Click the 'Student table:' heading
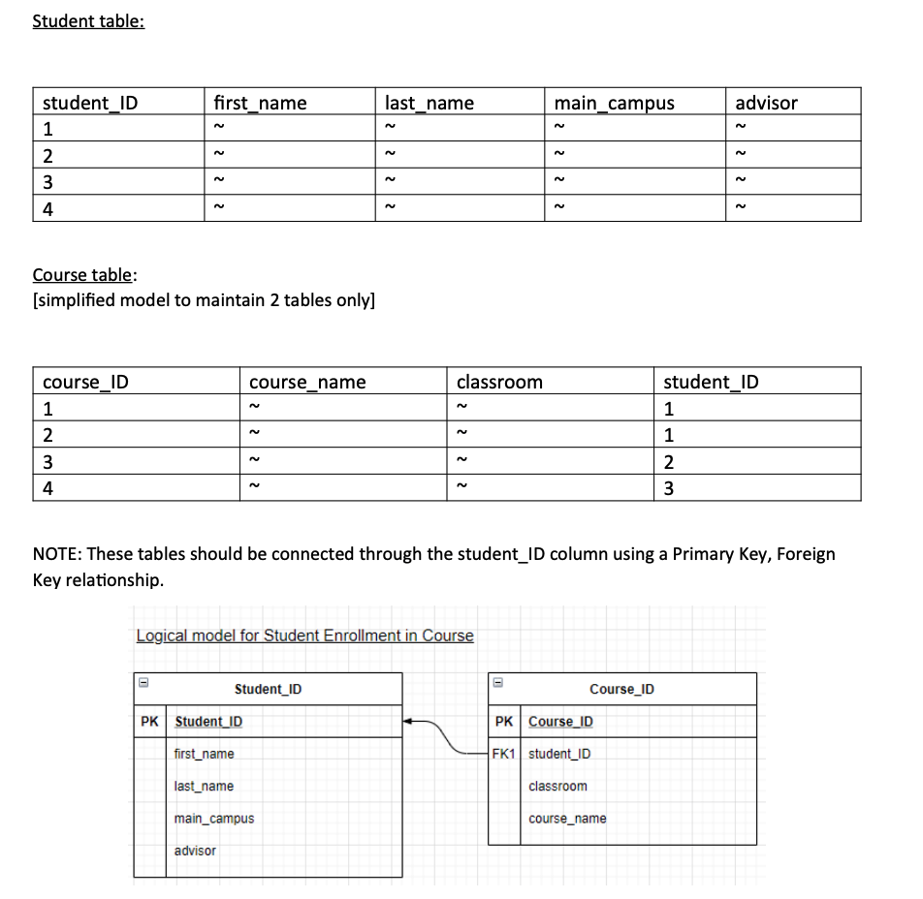[x=88, y=21]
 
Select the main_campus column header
[x=613, y=103]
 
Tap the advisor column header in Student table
[x=766, y=103]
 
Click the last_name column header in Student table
[x=430, y=103]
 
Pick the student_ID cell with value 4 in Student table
[x=48, y=208]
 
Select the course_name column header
[x=307, y=382]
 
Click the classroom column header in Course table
[x=499, y=382]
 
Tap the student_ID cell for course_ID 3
[x=669, y=461]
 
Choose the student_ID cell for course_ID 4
[x=669, y=488]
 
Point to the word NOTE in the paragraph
[x=57, y=554]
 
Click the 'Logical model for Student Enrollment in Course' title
[x=304, y=635]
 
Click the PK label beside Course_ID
[x=504, y=722]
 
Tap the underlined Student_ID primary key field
[x=208, y=722]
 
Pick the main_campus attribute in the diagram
[x=214, y=819]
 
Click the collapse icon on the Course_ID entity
[x=497, y=681]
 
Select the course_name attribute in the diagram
[x=567, y=819]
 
